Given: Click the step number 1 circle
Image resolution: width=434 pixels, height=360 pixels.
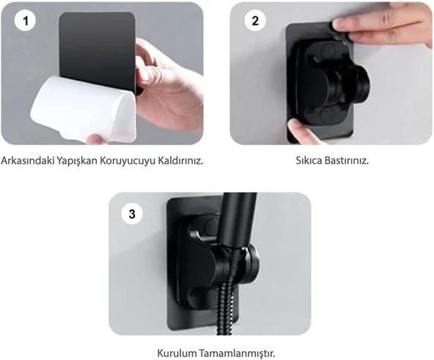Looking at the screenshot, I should [26, 22].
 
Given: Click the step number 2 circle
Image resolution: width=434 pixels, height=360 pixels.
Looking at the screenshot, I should [255, 21].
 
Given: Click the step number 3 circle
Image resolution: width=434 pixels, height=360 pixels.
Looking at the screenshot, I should [132, 214].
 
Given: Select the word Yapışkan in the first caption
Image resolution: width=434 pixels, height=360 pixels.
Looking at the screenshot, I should [81, 161].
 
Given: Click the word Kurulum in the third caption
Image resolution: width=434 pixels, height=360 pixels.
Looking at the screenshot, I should [177, 353].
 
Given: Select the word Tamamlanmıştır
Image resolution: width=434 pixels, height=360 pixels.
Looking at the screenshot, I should [235, 353].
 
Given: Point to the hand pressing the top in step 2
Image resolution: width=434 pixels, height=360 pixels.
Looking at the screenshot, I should [381, 26].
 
